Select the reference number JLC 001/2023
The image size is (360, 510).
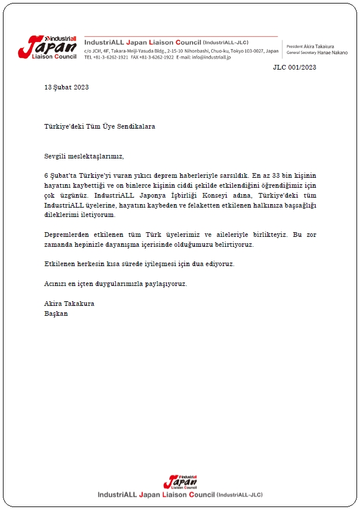[x=294, y=67]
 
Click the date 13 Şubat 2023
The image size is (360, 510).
[x=67, y=87]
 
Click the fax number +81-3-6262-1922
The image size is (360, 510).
[x=156, y=57]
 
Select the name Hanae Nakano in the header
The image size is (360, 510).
[x=334, y=53]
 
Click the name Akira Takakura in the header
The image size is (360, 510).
[x=324, y=46]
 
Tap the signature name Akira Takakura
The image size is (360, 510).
[x=69, y=304]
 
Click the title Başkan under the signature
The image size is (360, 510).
[x=56, y=313]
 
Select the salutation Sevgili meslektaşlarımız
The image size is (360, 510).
[x=84, y=156]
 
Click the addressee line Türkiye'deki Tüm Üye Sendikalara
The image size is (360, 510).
[x=100, y=126]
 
